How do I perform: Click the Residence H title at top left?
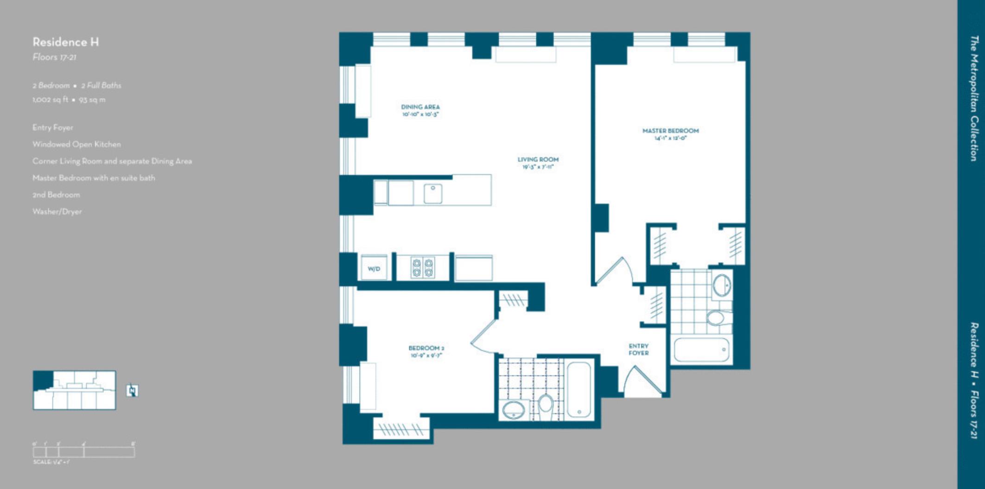tap(65, 42)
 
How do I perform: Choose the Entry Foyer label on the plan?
tap(638, 349)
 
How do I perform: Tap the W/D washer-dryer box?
tap(374, 268)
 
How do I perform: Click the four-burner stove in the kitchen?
tap(423, 267)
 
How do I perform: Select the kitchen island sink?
tap(432, 192)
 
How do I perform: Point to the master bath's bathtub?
tap(701, 350)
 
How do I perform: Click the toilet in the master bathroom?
tap(716, 318)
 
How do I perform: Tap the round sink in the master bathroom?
tap(721, 285)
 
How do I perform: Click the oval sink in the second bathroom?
tap(514, 410)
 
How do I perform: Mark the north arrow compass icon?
tap(133, 390)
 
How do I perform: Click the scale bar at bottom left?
tap(83, 451)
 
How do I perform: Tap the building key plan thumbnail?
tap(74, 390)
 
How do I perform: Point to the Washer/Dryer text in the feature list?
tap(57, 211)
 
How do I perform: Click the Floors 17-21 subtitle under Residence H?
tap(54, 57)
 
